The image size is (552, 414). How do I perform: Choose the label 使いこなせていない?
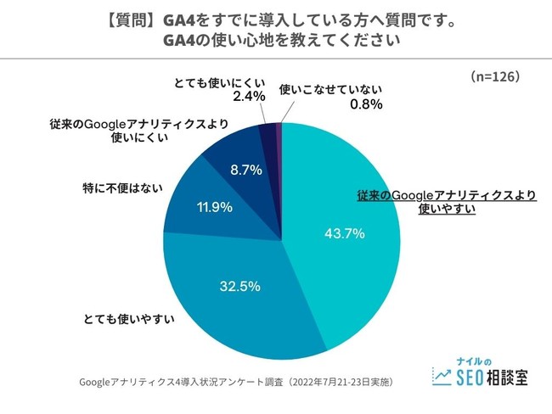(x=331, y=88)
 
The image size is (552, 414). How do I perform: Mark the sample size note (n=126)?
(x=495, y=76)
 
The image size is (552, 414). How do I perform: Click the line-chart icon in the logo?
(x=442, y=374)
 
